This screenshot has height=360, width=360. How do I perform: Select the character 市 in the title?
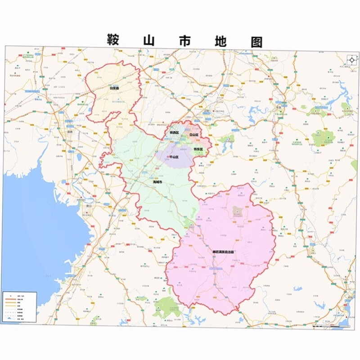pos(183,41)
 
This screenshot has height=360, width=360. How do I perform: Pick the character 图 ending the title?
pos(254,41)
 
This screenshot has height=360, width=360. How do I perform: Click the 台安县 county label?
pos(115,89)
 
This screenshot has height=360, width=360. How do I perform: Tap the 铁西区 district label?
pos(174,133)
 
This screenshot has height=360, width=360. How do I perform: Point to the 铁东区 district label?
pos(198,149)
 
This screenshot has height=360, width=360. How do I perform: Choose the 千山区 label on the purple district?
pos(173,157)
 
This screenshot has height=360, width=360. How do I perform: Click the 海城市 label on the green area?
pos(157,182)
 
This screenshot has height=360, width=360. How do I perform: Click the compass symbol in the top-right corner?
pos(351,60)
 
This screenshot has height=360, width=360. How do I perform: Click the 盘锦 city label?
pos(70,132)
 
